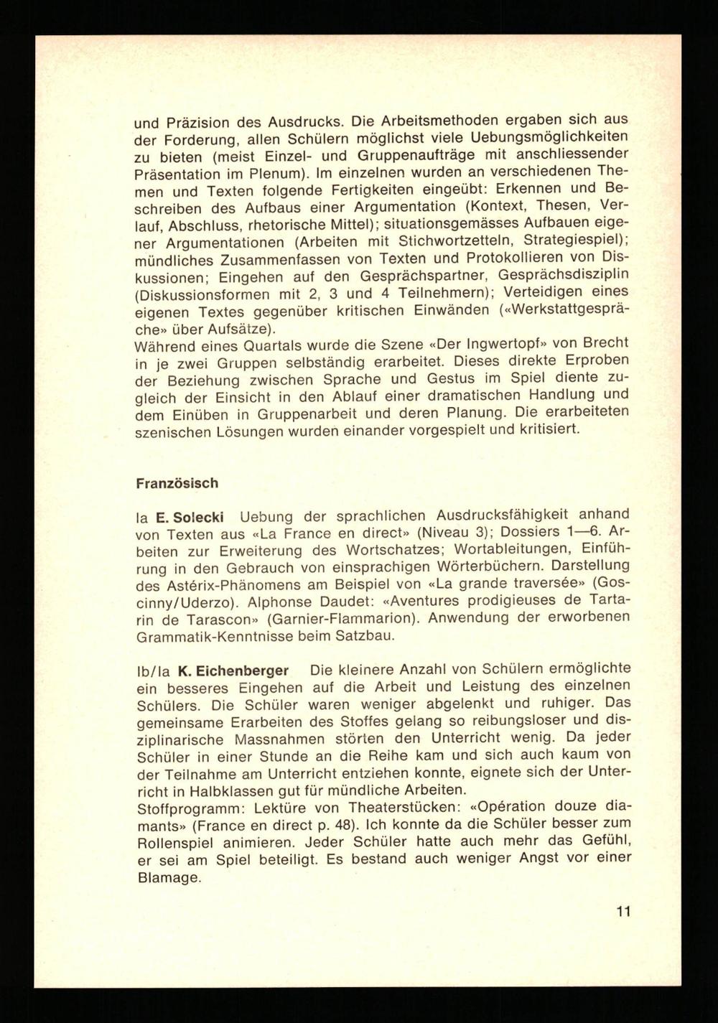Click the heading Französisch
pyautogui.click(x=177, y=483)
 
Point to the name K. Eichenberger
pyautogui.click(x=233, y=671)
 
